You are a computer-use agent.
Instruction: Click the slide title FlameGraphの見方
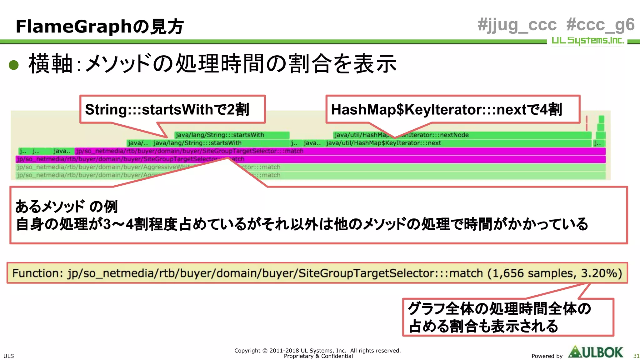point(100,27)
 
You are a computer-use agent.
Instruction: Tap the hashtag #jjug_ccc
point(517,25)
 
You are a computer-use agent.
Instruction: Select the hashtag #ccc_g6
point(600,25)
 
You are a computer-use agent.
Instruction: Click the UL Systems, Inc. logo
point(587,41)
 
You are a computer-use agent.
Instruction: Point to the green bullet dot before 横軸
point(14,65)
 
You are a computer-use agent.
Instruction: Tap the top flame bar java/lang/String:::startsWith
point(232,135)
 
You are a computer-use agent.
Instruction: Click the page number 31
point(636,356)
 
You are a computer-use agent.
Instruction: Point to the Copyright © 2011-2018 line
point(317,351)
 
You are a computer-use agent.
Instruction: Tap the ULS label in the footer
point(9,356)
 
